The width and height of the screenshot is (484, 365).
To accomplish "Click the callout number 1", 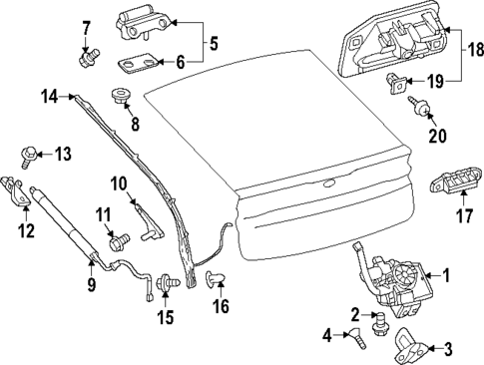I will pos(446,275).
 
